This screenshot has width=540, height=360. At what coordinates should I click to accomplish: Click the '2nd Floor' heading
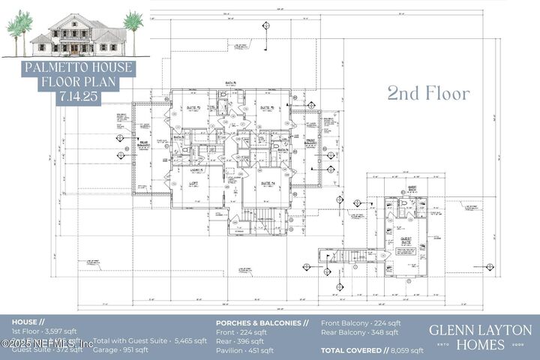coord(428,94)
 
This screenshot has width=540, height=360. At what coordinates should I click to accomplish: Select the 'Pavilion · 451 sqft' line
coord(244,350)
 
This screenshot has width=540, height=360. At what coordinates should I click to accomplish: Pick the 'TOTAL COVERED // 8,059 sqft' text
coord(372,350)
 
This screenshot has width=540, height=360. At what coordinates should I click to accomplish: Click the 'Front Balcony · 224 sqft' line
coord(361,323)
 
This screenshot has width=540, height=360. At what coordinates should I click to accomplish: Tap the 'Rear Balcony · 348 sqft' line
coord(360,333)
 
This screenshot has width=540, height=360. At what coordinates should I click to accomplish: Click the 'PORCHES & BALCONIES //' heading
coord(262,323)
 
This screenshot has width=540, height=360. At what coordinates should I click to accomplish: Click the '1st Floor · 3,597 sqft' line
coord(44,331)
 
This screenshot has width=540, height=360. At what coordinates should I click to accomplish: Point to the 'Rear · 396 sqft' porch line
coord(240,341)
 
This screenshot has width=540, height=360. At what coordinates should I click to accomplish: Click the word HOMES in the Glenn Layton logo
coord(481,346)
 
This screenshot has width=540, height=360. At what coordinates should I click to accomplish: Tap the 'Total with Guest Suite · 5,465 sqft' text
coord(150,340)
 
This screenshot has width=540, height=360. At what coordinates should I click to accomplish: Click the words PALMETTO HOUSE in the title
coord(78,67)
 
